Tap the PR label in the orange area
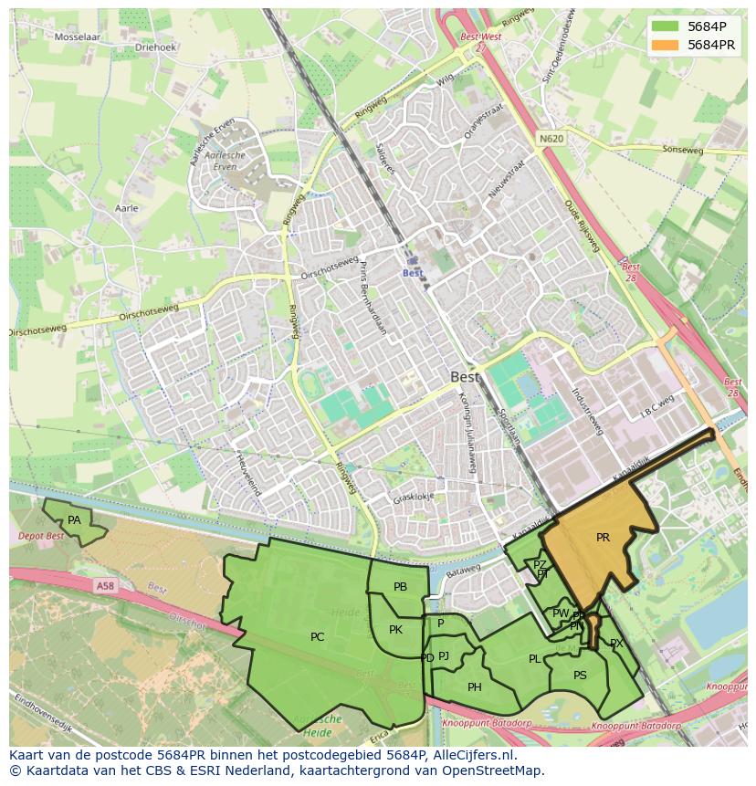[x=603, y=538]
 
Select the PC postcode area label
[x=317, y=637]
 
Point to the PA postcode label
[x=74, y=520]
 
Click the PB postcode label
[x=400, y=587]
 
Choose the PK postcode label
[x=395, y=630]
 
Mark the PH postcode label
[x=474, y=687]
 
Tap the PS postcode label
[x=580, y=676]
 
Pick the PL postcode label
[x=534, y=659]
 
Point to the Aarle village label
[x=126, y=208]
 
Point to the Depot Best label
[x=42, y=536]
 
